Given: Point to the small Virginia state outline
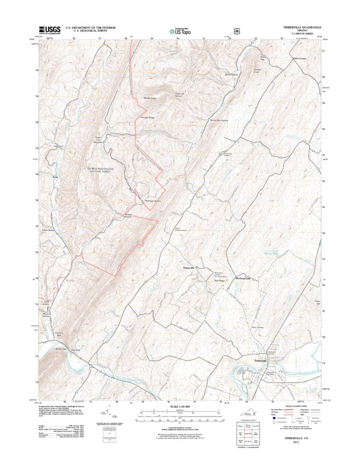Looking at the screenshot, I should [x=247, y=415].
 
